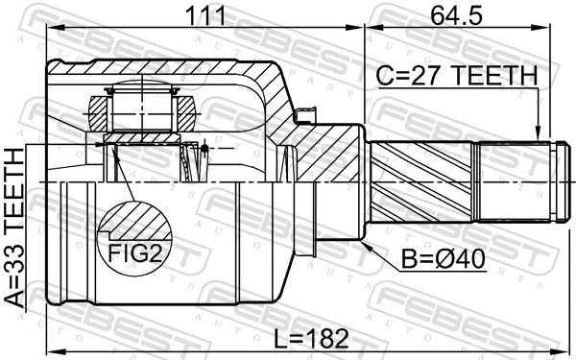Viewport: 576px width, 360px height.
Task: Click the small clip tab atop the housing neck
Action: click(x=306, y=116)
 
